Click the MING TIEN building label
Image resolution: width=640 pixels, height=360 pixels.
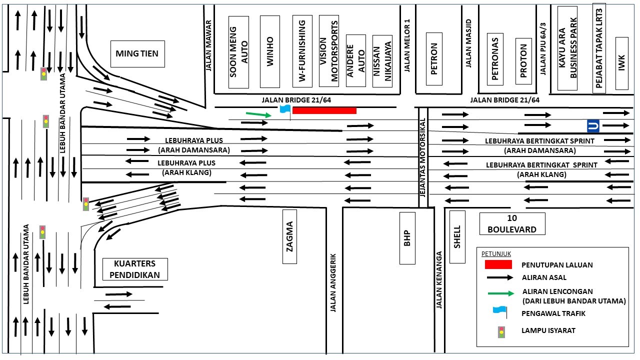tap(137, 53)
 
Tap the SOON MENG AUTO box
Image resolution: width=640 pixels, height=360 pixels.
tap(238, 52)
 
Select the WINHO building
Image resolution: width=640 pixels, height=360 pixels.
tap(270, 51)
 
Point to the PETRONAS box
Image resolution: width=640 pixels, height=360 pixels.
tap(495, 59)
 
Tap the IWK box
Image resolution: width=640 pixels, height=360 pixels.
tap(621, 63)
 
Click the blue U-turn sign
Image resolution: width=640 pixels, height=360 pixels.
tap(593, 125)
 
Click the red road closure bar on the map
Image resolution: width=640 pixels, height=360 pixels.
tap(324, 110)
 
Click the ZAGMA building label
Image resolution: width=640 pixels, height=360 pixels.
tap(289, 236)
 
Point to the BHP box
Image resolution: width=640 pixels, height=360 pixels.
tap(407, 238)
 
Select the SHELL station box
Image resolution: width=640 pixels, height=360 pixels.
tap(457, 236)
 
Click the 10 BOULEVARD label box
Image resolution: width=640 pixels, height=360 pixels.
tap(512, 223)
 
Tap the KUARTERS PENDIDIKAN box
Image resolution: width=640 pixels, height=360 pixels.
tap(134, 269)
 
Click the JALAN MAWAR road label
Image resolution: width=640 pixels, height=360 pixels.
tap(209, 45)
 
